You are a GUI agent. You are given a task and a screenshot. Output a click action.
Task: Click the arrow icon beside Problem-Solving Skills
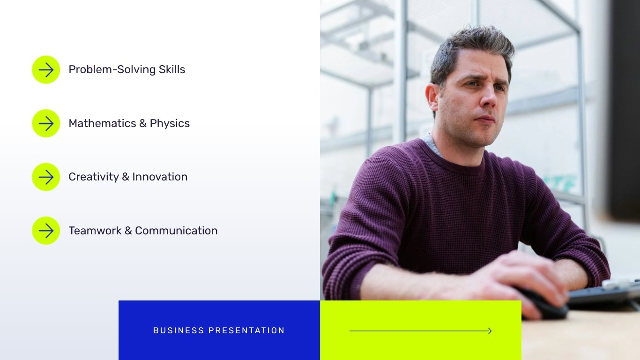pyautogui.click(x=46, y=70)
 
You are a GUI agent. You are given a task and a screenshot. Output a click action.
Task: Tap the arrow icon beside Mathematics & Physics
pyautogui.click(x=46, y=123)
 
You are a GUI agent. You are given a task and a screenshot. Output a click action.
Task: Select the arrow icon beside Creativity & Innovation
pyautogui.click(x=46, y=177)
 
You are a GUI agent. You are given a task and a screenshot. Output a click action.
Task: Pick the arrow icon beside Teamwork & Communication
pyautogui.click(x=46, y=231)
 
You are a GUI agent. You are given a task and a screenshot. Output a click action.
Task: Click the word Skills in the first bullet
pyautogui.click(x=172, y=69)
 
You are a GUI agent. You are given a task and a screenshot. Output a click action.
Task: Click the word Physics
pyautogui.click(x=170, y=124)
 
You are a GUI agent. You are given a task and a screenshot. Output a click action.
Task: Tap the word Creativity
pyautogui.click(x=94, y=177)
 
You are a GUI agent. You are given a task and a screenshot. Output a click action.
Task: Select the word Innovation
pyautogui.click(x=160, y=177)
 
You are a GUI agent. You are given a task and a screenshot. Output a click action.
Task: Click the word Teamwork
pyautogui.click(x=95, y=231)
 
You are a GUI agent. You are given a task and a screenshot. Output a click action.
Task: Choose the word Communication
pyautogui.click(x=176, y=231)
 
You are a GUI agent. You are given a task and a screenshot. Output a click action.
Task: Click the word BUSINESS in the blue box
pyautogui.click(x=179, y=330)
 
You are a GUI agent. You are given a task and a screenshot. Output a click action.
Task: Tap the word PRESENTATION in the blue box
pyautogui.click(x=246, y=330)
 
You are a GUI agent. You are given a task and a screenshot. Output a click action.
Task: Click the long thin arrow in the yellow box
pyautogui.click(x=420, y=331)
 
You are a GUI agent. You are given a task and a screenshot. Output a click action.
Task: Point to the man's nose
pyautogui.click(x=487, y=99)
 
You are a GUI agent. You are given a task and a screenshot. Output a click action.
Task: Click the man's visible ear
pyautogui.click(x=432, y=97)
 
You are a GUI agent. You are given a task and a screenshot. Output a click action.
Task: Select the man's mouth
pyautogui.click(x=486, y=120)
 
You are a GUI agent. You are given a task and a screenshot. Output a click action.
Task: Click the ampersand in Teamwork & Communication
pyautogui.click(x=128, y=231)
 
